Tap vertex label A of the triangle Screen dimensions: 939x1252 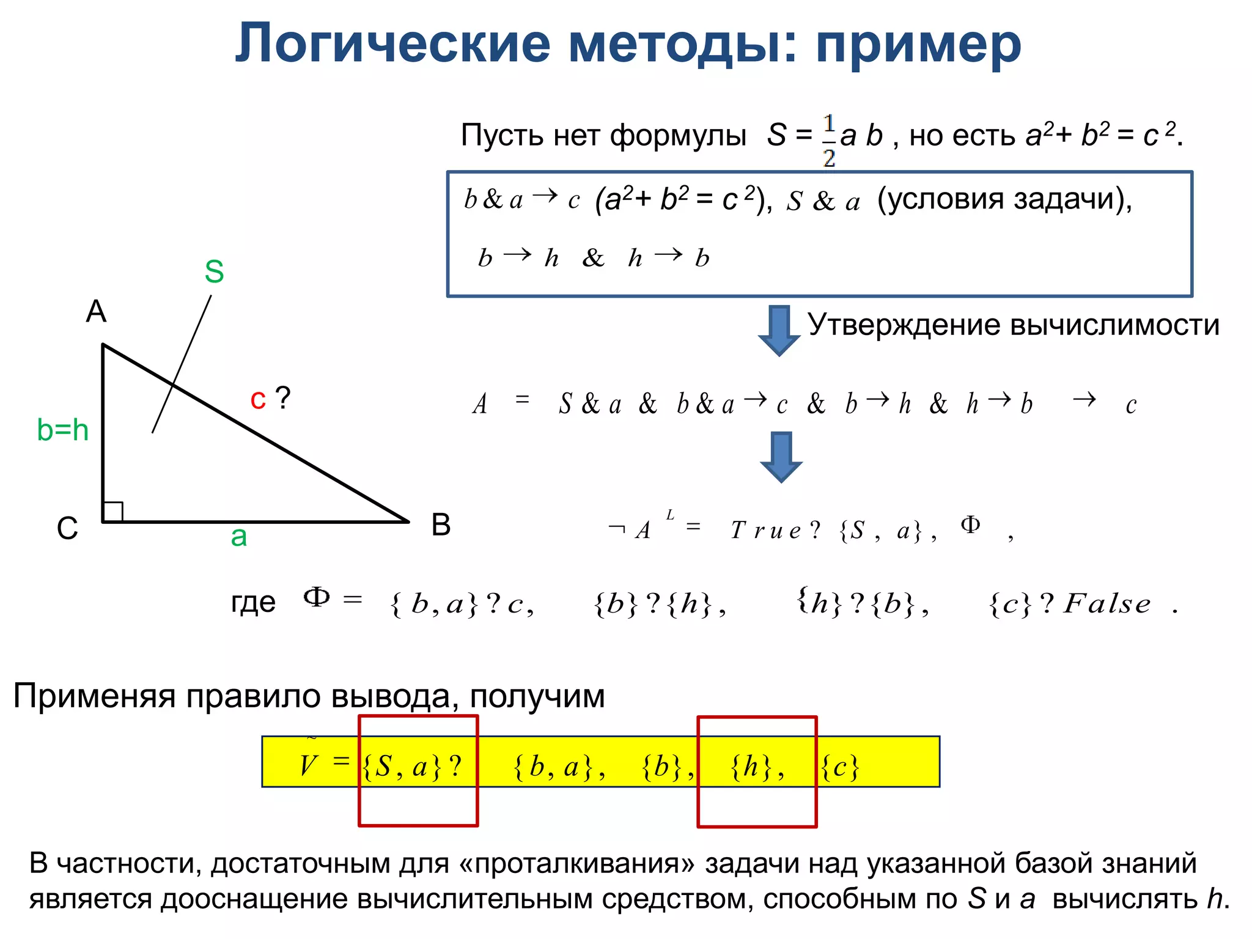point(96,312)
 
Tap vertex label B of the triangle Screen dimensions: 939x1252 point(441,525)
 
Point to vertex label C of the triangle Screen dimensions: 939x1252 point(67,529)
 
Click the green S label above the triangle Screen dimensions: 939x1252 point(214,271)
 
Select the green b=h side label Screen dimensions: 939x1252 point(62,430)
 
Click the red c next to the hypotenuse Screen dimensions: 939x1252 point(258,400)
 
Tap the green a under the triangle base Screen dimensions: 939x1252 point(238,537)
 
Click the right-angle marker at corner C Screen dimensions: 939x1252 point(113,512)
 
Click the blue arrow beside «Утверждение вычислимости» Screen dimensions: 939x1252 point(779,330)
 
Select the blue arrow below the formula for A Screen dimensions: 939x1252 point(781,457)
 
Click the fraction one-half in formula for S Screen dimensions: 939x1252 point(828,141)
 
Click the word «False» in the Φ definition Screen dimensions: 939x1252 point(1107,605)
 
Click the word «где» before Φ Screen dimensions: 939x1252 point(253,603)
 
